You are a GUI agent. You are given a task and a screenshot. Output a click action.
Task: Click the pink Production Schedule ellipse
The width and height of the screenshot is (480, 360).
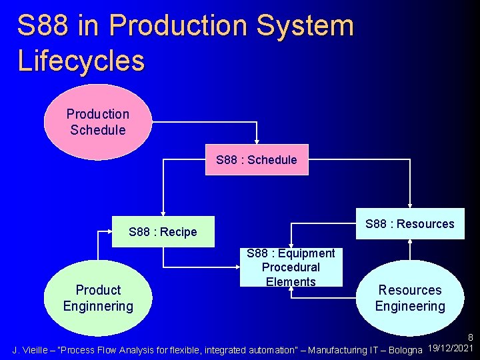pyautogui.click(x=98, y=122)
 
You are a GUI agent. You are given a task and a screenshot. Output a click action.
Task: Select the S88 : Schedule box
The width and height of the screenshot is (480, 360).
pyautogui.click(x=257, y=160)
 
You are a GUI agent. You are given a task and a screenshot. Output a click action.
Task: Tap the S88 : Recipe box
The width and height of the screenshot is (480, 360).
pyautogui.click(x=163, y=232)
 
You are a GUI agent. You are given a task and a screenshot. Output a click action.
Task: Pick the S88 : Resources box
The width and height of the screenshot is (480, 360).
pyautogui.click(x=409, y=224)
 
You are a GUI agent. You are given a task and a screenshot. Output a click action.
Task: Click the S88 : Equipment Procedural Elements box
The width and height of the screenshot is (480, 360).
pyautogui.click(x=291, y=267)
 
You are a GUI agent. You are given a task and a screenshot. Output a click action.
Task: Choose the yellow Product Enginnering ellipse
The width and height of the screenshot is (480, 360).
pyautogui.click(x=98, y=298)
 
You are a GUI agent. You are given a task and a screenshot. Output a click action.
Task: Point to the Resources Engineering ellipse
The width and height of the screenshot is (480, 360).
pyautogui.click(x=409, y=298)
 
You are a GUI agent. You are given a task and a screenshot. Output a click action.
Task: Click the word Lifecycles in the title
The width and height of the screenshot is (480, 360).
pyautogui.click(x=81, y=61)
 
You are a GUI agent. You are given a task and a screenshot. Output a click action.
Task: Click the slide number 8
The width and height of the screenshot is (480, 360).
pyautogui.click(x=470, y=339)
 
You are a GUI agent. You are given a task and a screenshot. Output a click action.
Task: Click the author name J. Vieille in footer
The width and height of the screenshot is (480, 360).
pyautogui.click(x=33, y=350)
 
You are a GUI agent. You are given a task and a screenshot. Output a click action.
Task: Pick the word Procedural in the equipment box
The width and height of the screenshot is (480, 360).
pyautogui.click(x=291, y=267)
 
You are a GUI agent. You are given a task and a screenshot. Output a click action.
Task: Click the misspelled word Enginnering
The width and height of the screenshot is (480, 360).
pyautogui.click(x=98, y=307)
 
